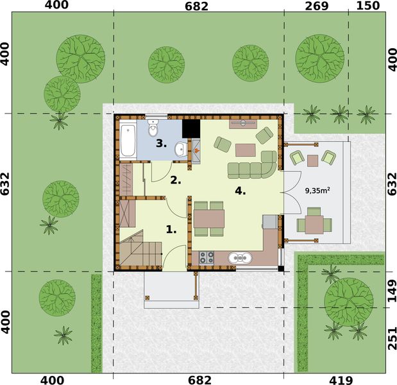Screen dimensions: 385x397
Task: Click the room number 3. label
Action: (162, 144)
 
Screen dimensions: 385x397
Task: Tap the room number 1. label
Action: (171, 228)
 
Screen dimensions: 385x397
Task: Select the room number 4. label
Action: (240, 191)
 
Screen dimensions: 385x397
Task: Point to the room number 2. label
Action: (175, 180)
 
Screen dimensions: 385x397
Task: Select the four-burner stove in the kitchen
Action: (207, 257)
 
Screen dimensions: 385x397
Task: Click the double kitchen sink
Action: (240, 258)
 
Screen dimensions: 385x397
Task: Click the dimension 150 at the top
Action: (368, 6)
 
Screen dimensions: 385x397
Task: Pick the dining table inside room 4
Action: (209, 218)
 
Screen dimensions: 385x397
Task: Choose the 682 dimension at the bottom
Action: (196, 379)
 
